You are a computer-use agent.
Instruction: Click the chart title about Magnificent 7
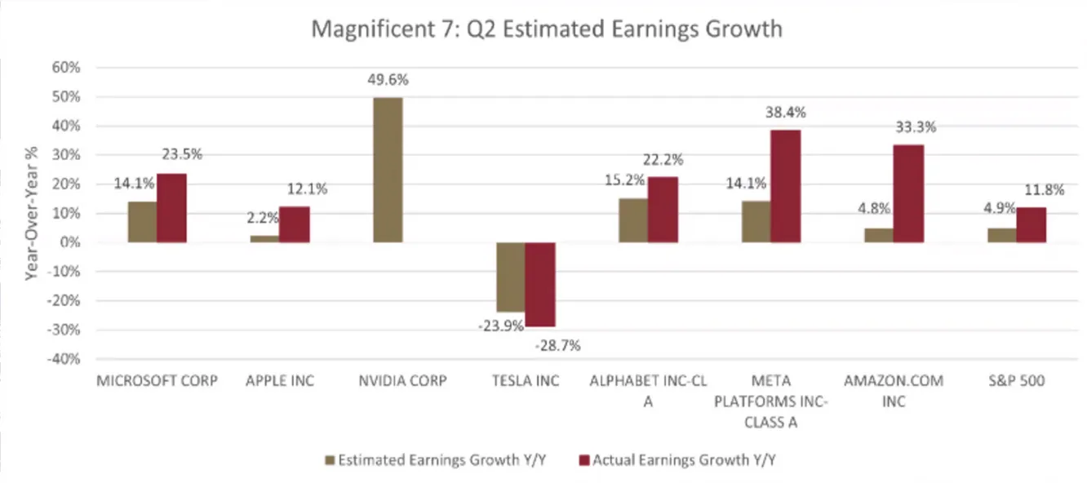pyautogui.click(x=548, y=29)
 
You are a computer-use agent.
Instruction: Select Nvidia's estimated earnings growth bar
pyautogui.click(x=388, y=170)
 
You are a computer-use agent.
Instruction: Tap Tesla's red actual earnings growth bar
pyautogui.click(x=540, y=284)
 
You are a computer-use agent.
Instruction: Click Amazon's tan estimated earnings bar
pyautogui.click(x=879, y=235)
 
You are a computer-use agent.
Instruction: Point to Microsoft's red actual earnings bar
pyautogui.click(x=172, y=208)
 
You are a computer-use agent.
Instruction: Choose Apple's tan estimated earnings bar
pyautogui.click(x=264, y=239)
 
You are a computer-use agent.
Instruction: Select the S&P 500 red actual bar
pyautogui.click(x=1032, y=225)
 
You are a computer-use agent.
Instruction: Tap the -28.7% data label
pyautogui.click(x=557, y=345)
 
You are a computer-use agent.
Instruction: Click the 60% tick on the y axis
pyautogui.click(x=66, y=68)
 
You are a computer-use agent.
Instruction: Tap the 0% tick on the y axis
pyautogui.click(x=70, y=242)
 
